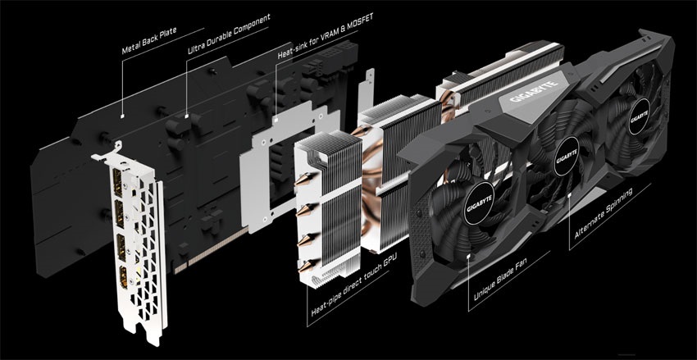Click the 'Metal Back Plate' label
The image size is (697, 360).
point(149,41)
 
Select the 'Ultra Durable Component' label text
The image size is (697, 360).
point(229,34)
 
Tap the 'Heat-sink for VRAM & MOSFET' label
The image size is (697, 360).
point(326,36)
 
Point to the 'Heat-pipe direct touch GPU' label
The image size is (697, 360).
point(354,285)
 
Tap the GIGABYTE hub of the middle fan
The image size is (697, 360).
point(566,156)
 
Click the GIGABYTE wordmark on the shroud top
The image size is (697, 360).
point(534,92)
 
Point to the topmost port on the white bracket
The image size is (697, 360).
point(118,182)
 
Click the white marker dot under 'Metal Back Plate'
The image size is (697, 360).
point(122,116)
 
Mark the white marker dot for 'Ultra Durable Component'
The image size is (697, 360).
point(187,116)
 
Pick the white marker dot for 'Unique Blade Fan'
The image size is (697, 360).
point(469,256)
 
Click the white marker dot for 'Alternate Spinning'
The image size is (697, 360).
point(570,194)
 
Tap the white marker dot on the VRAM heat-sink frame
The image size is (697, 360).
point(276,120)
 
